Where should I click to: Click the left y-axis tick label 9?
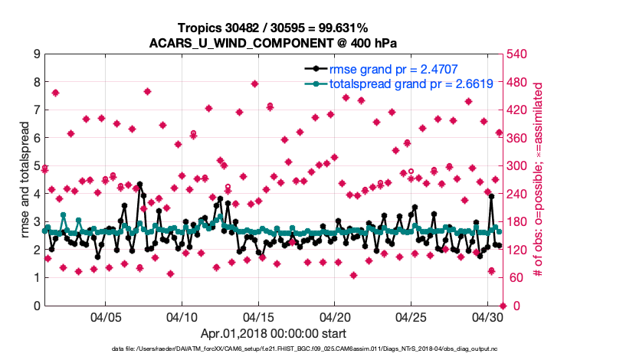[37, 54]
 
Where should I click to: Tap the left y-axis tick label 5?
[37, 166]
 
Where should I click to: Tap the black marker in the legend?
[316, 69]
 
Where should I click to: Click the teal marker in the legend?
[316, 84]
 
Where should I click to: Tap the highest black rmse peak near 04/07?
[139, 185]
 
